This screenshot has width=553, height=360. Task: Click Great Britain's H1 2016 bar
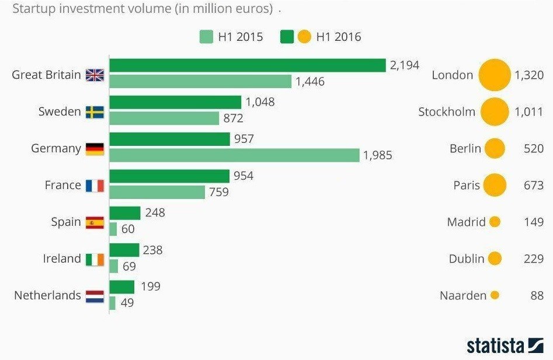coord(248,65)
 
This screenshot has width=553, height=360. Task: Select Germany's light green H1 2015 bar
coord(234,155)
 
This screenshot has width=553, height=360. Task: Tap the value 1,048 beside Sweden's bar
coord(260,102)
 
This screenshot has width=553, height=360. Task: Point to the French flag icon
coord(95,186)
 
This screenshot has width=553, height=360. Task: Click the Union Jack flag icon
coord(95,75)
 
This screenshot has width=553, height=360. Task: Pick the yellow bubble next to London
coord(495,75)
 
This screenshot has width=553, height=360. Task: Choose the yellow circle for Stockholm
coord(495,111)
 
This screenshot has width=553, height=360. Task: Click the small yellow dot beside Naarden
coord(495,295)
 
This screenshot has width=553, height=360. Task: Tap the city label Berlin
coord(465,148)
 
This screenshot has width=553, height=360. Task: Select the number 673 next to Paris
coord(534,186)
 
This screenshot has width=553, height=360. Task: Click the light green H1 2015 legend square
coord(206,37)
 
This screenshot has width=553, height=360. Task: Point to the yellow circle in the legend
coord(304,37)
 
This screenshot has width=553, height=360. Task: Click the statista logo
coord(505,345)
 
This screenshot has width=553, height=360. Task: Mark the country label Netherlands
coord(47,295)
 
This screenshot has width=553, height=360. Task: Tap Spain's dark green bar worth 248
coord(125,213)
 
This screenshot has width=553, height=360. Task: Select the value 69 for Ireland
coord(128,266)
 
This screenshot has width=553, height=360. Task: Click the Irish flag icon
coord(95,259)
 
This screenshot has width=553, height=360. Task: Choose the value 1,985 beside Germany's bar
coord(378,156)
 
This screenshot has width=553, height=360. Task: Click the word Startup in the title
coord(32,9)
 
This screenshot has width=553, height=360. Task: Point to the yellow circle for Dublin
coord(495,258)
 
